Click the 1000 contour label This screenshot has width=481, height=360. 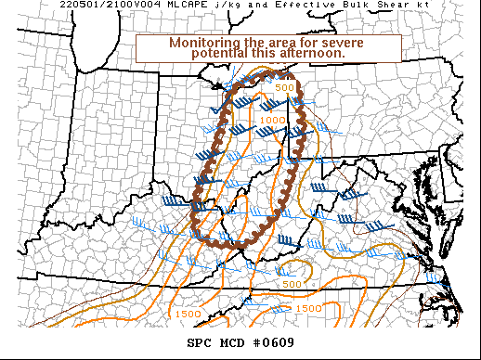click(273, 120)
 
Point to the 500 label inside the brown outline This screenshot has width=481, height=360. click(283, 87)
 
